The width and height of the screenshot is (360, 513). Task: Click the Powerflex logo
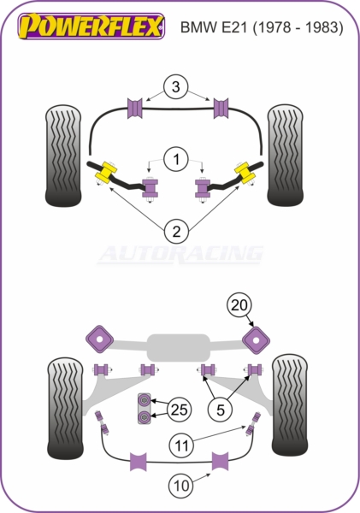coord(91,27)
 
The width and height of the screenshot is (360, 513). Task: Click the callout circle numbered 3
coord(176,87)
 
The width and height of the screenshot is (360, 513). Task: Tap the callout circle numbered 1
coord(176,160)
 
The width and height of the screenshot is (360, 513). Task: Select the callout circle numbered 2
coord(176,232)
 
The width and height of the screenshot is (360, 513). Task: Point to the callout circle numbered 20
coord(239,305)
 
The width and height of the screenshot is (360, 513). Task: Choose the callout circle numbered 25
coord(180,410)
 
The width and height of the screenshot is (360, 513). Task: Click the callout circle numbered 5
coord(221,410)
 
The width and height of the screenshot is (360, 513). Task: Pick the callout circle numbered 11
coord(181,445)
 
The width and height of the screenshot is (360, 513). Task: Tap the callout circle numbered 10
coord(181,486)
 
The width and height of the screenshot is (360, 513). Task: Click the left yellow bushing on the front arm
coord(106,172)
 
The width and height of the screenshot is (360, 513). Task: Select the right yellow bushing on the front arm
coord(245,172)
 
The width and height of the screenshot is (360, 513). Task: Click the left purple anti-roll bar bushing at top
coord(134,108)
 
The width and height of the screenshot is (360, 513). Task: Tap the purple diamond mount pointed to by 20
coord(256,340)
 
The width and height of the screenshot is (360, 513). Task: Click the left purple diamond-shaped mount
coord(99,339)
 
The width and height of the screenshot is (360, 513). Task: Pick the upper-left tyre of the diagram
coord(63,156)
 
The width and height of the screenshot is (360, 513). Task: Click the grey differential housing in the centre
coord(179,348)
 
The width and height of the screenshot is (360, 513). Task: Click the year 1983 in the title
coord(322,27)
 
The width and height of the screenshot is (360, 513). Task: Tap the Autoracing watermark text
coord(180,254)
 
